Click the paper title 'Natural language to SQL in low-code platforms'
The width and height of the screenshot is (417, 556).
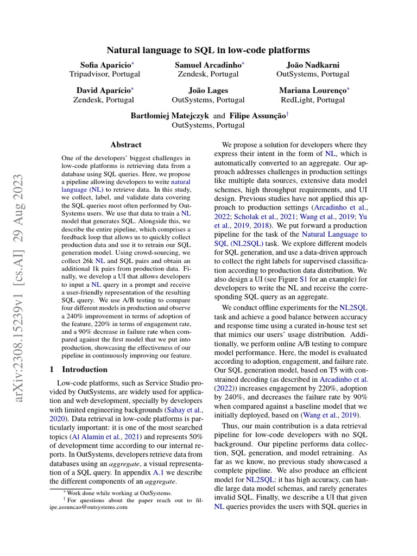click(x=208, y=50)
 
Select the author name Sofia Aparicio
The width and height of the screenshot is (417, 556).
click(x=100, y=65)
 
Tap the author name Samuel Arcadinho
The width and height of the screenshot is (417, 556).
click(x=208, y=65)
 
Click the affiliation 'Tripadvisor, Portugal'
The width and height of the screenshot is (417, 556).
click(x=102, y=74)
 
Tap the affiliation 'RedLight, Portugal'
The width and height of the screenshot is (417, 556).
click(x=312, y=100)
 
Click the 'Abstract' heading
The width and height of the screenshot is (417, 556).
click(x=126, y=145)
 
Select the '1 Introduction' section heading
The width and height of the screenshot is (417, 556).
click(x=78, y=369)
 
